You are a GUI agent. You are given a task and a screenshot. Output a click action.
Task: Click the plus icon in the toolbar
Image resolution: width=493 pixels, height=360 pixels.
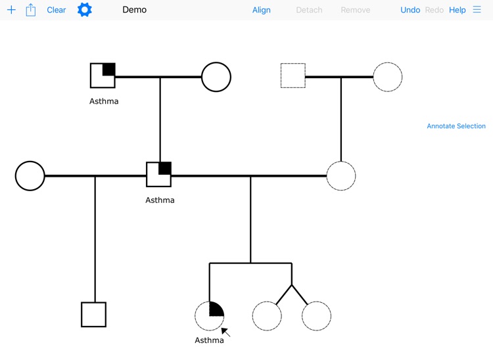pyautogui.click(x=11, y=10)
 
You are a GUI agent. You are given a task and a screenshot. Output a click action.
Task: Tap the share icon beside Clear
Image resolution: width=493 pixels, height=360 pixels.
pyautogui.click(x=31, y=10)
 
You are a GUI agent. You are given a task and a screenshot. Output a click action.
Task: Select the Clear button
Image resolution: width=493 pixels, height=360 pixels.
pyautogui.click(x=57, y=10)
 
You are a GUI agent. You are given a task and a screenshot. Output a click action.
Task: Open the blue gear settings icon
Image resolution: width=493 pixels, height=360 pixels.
pyautogui.click(x=85, y=10)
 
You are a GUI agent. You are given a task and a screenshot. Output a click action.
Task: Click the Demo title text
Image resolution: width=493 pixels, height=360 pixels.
pyautogui.click(x=134, y=10)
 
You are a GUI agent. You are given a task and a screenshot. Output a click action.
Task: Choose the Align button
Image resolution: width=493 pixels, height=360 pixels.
pyautogui.click(x=262, y=10)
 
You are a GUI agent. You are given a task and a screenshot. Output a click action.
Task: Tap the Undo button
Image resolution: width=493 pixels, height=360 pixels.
pyautogui.click(x=410, y=10)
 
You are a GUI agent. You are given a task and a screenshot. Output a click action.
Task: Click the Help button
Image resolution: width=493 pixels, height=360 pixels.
pyautogui.click(x=458, y=10)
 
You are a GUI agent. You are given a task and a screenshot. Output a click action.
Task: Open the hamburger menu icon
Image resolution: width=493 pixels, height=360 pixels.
pyautogui.click(x=477, y=10)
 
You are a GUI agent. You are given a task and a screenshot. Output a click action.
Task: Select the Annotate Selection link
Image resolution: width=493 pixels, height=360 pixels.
pyautogui.click(x=456, y=126)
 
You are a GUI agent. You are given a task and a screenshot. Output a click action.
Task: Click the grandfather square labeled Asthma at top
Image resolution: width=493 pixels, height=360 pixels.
pyautogui.click(x=103, y=76)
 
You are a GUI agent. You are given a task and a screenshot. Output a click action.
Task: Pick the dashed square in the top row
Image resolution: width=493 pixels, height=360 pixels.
pyautogui.click(x=293, y=76)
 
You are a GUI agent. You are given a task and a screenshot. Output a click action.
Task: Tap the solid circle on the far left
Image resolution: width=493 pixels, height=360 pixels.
pyautogui.click(x=30, y=176)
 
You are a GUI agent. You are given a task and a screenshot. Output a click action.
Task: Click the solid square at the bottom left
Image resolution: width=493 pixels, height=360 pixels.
pyautogui.click(x=94, y=315)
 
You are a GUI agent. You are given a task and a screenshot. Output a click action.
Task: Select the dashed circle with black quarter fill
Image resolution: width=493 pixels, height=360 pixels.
pyautogui.click(x=210, y=316)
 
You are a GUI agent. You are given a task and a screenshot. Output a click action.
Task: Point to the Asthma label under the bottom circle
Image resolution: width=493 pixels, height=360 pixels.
pyautogui.click(x=209, y=340)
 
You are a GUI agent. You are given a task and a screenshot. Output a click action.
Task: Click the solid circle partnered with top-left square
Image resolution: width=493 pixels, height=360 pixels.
pyautogui.click(x=216, y=77)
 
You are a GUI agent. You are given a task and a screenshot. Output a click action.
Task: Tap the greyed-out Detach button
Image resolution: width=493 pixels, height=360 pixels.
pyautogui.click(x=309, y=10)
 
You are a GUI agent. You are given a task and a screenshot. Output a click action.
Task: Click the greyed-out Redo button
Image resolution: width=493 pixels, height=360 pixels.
pyautogui.click(x=434, y=10)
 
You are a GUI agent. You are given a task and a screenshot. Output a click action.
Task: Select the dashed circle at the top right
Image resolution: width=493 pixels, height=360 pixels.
pyautogui.click(x=388, y=77)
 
